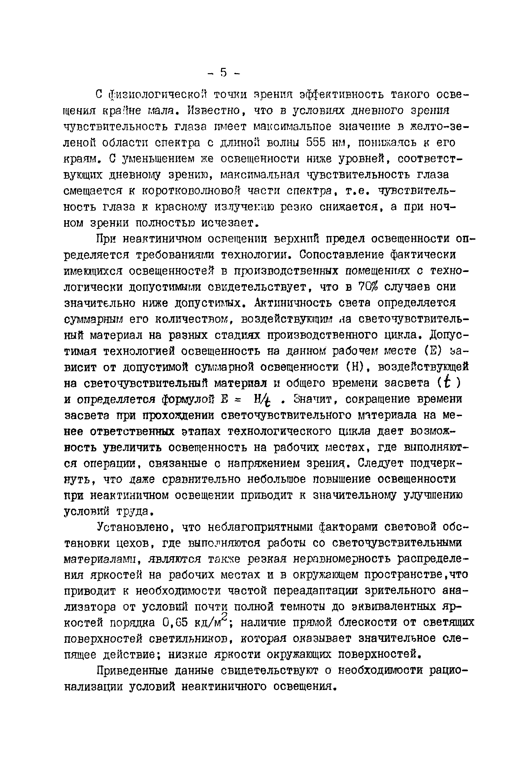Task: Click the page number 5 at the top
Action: point(224,73)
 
